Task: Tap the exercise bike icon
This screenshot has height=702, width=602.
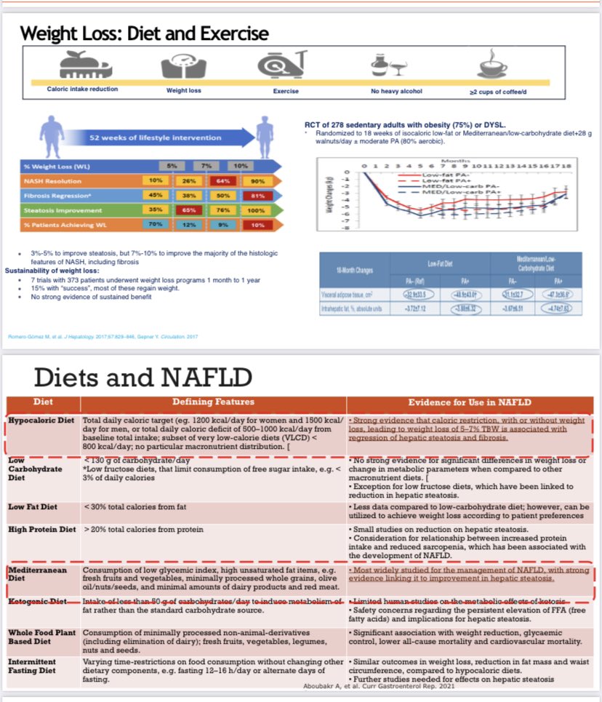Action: [285, 64]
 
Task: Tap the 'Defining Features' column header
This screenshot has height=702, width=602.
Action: [213, 402]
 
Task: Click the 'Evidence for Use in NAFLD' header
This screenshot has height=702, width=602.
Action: [470, 402]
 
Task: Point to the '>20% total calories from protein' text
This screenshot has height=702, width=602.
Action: [143, 530]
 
